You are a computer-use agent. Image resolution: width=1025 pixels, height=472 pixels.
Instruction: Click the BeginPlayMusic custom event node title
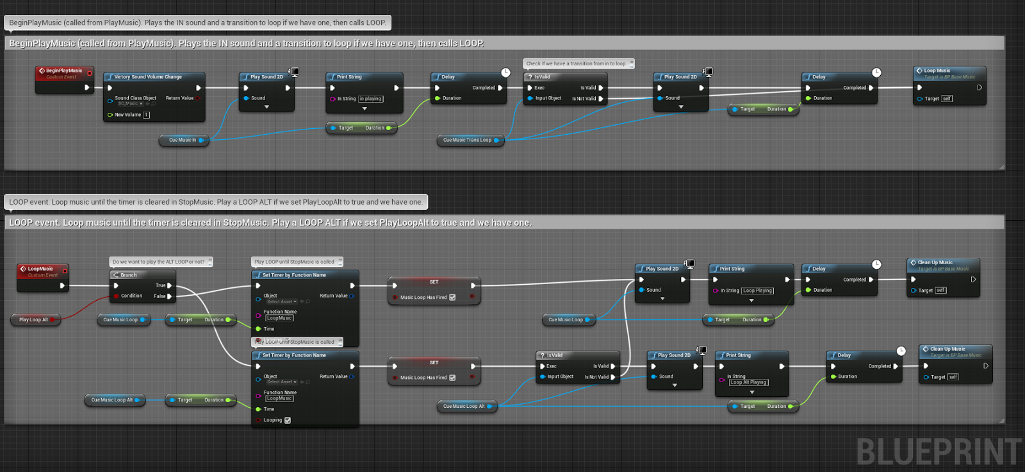[64, 71]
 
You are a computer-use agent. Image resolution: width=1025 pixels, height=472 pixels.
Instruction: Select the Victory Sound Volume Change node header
[148, 77]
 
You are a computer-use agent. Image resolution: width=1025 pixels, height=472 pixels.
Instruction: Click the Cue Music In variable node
[183, 140]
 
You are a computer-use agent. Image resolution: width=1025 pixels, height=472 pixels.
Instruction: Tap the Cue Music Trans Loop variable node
[468, 140]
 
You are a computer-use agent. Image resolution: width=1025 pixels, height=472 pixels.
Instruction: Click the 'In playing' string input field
[370, 99]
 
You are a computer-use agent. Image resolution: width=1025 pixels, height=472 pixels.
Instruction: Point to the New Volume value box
[146, 115]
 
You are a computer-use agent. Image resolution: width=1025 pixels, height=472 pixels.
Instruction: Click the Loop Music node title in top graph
[937, 71]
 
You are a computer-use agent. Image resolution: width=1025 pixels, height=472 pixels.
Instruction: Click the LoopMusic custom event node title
[40, 269]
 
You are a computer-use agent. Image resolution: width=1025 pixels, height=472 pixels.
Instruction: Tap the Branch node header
[129, 275]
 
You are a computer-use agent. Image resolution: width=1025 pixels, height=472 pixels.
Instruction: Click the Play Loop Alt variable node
[33, 319]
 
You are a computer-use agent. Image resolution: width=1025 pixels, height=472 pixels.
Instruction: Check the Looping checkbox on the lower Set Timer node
[288, 420]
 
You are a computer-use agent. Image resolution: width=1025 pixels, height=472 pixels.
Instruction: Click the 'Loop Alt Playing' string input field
[749, 382]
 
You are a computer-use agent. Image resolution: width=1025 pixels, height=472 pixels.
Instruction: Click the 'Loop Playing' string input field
[757, 291]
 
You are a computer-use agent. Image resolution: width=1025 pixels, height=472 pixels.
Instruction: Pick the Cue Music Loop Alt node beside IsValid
[464, 406]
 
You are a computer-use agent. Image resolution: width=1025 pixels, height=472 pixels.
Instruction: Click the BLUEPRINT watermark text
[939, 451]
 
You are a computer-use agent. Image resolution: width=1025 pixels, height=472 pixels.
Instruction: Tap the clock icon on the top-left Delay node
[505, 72]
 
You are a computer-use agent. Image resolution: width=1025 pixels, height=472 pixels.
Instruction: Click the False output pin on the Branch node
[169, 296]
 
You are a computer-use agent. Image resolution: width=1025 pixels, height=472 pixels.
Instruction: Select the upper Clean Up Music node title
[935, 262]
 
